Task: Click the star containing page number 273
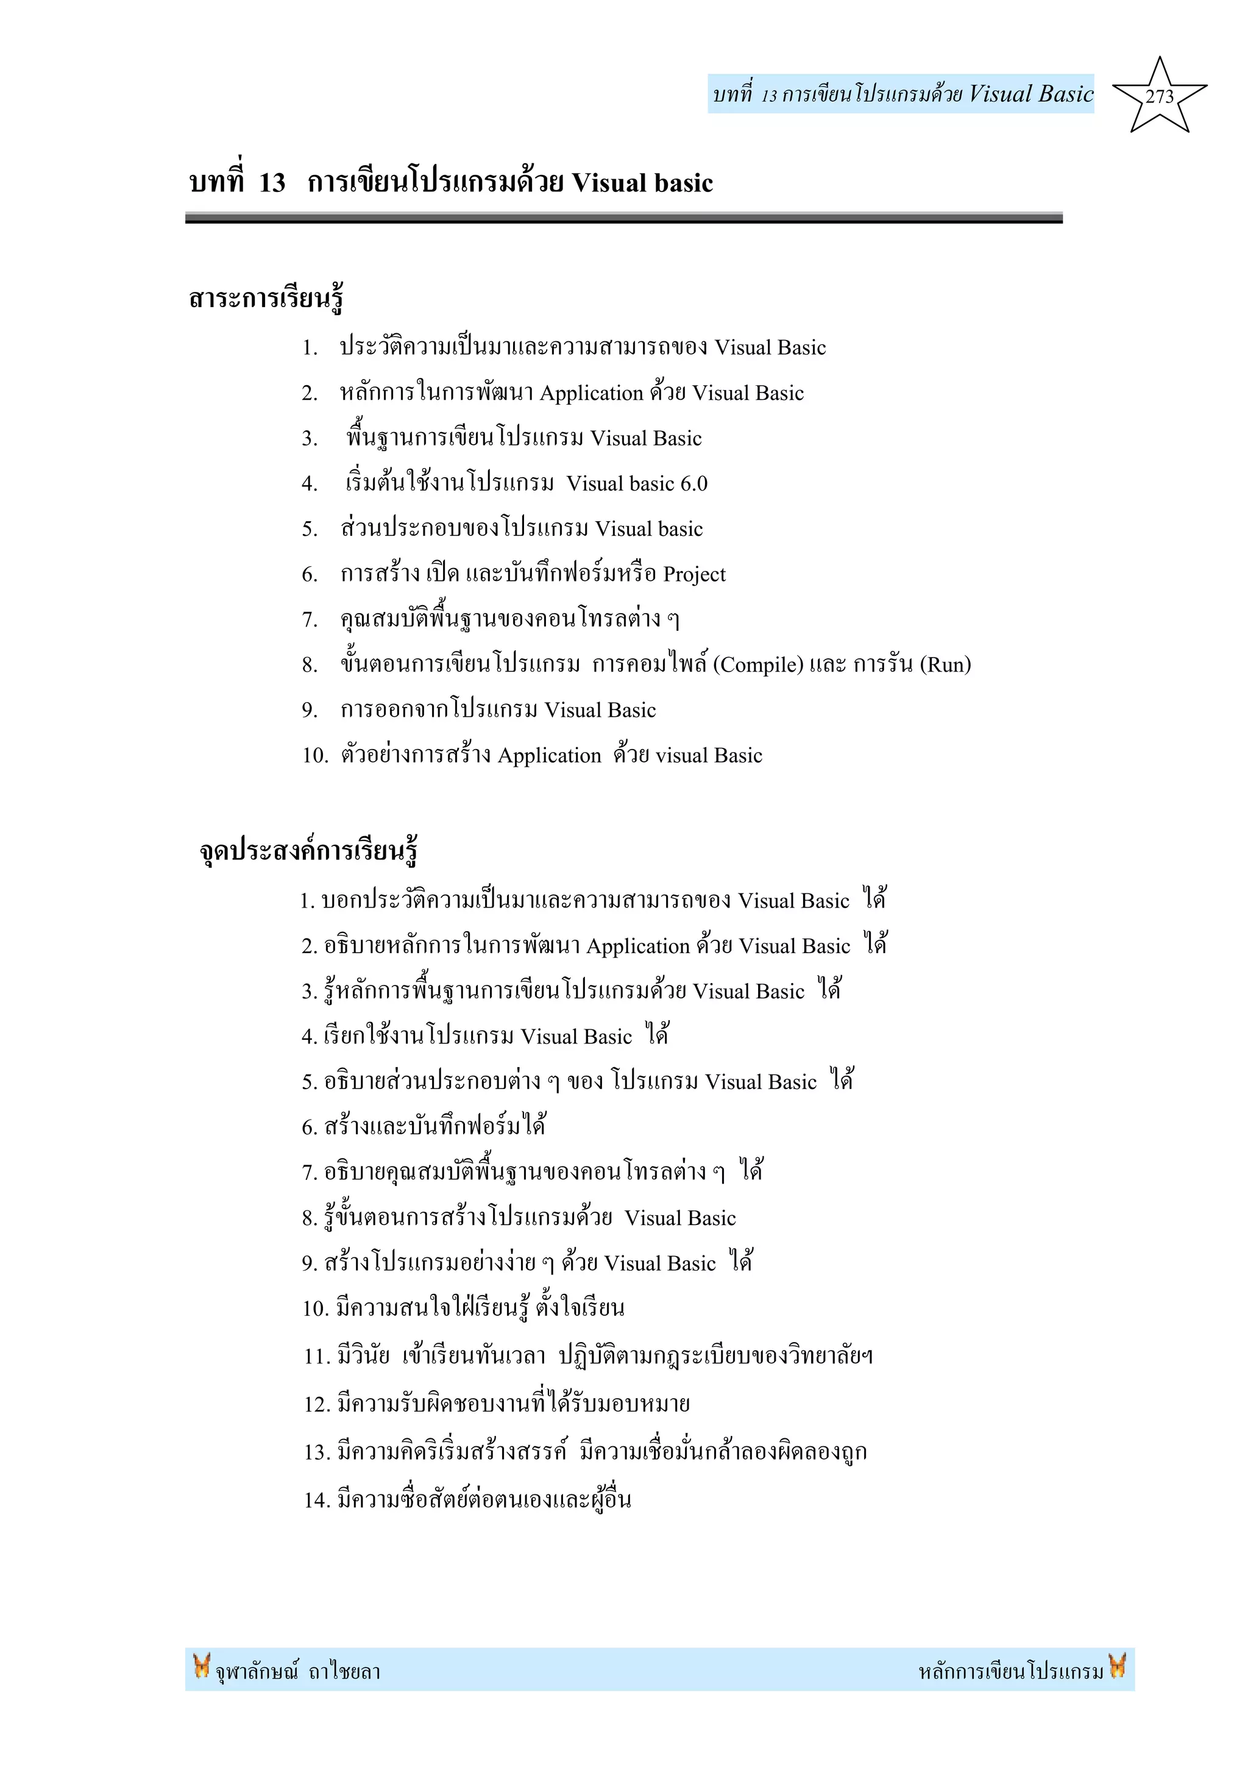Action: tap(1159, 97)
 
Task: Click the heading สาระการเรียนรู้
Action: tap(266, 298)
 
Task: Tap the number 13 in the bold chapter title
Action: tap(272, 183)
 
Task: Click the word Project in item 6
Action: tap(694, 574)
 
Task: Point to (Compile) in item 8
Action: tap(757, 665)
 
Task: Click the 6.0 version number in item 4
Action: tap(694, 483)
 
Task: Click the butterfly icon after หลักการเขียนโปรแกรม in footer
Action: tap(1118, 1665)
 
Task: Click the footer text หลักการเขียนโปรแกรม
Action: tap(1010, 1671)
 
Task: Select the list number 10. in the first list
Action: tap(315, 756)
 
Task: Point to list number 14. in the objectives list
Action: tap(317, 1500)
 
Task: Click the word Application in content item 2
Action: tap(592, 394)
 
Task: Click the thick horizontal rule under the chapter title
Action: tap(623, 218)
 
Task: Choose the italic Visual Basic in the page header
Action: tap(1030, 94)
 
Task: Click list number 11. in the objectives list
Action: tap(317, 1356)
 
